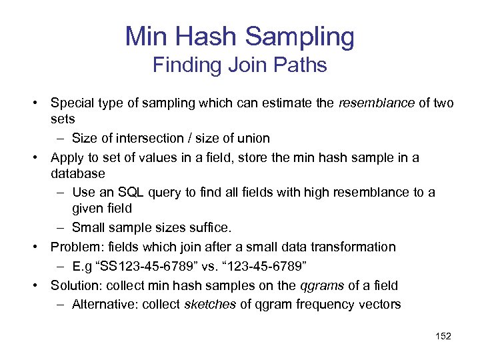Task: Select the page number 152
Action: pyautogui.click(x=443, y=336)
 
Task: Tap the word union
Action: pyautogui.click(x=254, y=138)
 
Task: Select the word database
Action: pyautogui.click(x=78, y=173)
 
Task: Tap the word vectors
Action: pyautogui.click(x=379, y=305)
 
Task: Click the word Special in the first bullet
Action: pyautogui.click(x=73, y=103)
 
